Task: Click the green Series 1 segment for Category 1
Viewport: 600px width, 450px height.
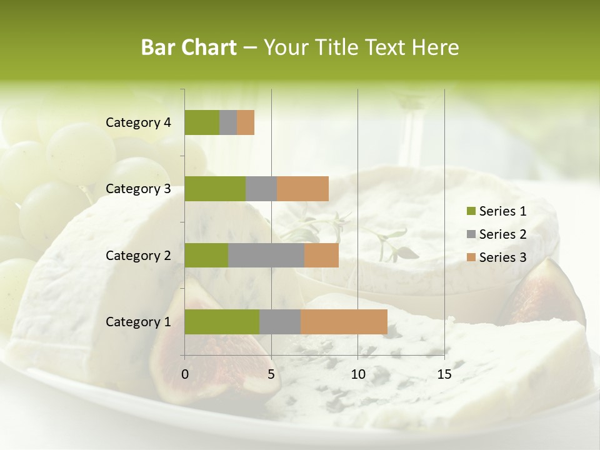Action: click(x=222, y=322)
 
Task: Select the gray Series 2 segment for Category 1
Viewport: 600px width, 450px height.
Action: click(x=280, y=322)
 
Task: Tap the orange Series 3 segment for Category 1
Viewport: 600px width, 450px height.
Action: click(x=344, y=322)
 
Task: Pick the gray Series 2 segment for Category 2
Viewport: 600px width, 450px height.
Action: click(x=266, y=256)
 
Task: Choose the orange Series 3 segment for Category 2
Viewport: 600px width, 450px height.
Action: click(x=321, y=256)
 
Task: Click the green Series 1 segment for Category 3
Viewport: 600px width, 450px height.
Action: click(x=215, y=189)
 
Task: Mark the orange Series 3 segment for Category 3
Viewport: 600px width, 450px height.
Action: click(x=302, y=189)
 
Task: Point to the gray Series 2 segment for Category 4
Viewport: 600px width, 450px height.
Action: click(x=228, y=122)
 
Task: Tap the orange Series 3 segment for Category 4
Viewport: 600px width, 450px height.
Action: click(x=246, y=122)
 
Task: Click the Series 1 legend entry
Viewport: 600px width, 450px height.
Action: click(x=496, y=211)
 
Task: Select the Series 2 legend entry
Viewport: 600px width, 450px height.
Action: click(x=496, y=234)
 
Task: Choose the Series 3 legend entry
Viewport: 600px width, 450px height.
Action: click(x=496, y=257)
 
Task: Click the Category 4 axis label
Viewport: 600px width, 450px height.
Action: click(x=138, y=122)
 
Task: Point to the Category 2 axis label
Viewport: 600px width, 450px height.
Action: click(x=138, y=256)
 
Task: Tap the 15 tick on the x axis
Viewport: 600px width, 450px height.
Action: click(x=444, y=375)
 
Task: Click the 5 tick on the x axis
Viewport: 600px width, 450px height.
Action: click(x=271, y=375)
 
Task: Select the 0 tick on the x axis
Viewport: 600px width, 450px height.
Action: click(x=185, y=375)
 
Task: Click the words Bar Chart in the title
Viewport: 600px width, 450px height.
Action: click(x=189, y=47)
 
